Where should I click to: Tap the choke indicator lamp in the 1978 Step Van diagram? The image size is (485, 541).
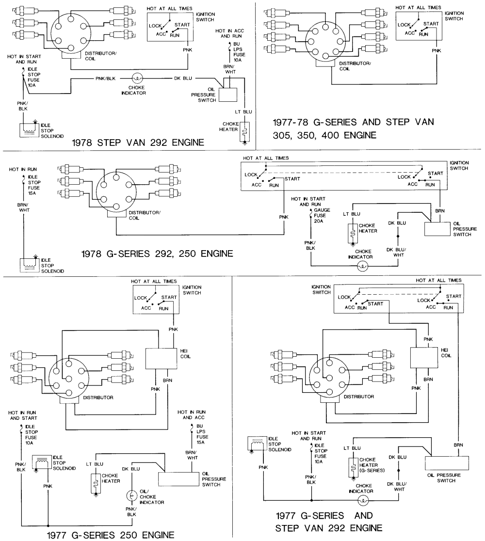click(x=137, y=78)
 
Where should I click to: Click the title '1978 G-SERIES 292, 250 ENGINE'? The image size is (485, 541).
click(x=157, y=253)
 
